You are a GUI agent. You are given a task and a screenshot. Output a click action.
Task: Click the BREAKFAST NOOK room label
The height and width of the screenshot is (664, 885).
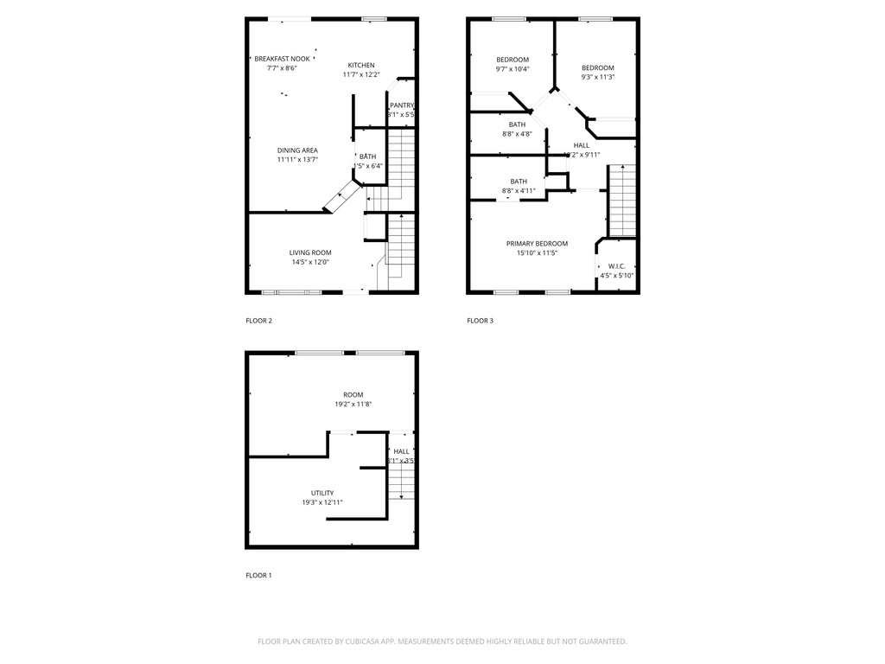click(276, 58)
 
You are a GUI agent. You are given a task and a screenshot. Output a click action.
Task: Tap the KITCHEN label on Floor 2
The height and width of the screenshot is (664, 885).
click(361, 66)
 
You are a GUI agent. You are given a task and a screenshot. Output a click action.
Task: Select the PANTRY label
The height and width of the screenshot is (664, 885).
click(401, 105)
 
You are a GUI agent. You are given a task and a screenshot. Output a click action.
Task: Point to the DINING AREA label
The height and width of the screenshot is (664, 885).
click(297, 150)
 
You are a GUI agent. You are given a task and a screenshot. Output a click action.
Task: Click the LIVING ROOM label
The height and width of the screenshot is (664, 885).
click(310, 252)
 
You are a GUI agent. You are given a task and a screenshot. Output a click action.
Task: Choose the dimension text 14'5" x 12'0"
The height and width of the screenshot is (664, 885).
click(310, 262)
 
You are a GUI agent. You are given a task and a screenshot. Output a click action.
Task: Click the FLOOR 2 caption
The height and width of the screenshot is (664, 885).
click(258, 321)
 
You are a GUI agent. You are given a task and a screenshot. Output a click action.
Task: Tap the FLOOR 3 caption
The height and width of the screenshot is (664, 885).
click(480, 321)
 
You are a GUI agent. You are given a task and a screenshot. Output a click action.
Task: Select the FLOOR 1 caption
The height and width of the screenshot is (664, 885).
click(258, 575)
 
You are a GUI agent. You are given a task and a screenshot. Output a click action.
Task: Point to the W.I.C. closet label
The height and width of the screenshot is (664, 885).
click(617, 266)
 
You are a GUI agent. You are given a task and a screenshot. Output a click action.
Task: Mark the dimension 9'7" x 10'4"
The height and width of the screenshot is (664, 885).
click(513, 69)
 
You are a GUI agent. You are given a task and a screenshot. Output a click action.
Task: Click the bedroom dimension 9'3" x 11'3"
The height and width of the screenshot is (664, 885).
click(597, 77)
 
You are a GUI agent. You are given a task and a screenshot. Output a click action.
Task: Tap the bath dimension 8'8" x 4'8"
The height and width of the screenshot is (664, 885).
click(517, 134)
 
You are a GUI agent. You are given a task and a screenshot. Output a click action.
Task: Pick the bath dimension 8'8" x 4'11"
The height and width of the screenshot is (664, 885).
click(519, 191)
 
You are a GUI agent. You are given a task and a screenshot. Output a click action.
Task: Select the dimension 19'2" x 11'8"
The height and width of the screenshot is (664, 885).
click(353, 404)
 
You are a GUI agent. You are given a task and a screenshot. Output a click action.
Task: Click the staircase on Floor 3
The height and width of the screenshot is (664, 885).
click(621, 201)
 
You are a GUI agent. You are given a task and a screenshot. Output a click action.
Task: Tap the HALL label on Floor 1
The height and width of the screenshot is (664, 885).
click(402, 451)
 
